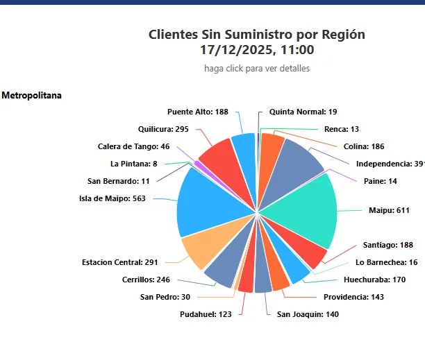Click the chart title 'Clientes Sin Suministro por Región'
click(256, 35)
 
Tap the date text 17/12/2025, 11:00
click(256, 50)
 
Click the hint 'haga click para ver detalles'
click(256, 68)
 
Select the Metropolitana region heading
click(31, 95)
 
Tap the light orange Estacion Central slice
click(201, 250)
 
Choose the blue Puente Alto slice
click(244, 146)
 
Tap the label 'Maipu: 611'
click(389, 210)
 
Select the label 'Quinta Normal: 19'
click(303, 112)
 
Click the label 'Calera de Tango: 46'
click(133, 146)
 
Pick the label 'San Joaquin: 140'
click(308, 314)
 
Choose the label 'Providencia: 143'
click(354, 297)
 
